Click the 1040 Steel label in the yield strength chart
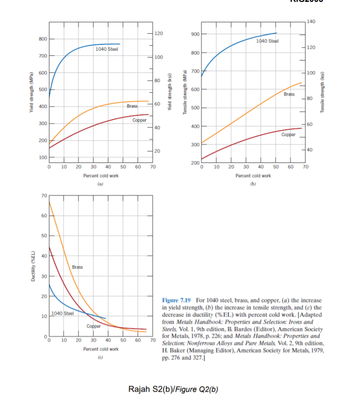[x=107, y=49]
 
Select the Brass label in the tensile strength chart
[x=289, y=94]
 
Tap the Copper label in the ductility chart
[x=94, y=326]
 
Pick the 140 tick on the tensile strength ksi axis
[x=312, y=22]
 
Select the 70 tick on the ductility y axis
[x=43, y=196]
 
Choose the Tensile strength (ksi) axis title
[x=323, y=92]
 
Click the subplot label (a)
[x=100, y=184]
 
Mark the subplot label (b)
[x=253, y=184]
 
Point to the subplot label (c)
[x=100, y=357]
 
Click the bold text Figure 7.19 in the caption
[x=178, y=300]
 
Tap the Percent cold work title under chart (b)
[x=253, y=175]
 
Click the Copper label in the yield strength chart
[x=139, y=120]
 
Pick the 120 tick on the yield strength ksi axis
[x=158, y=34]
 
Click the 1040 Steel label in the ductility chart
[x=63, y=314]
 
